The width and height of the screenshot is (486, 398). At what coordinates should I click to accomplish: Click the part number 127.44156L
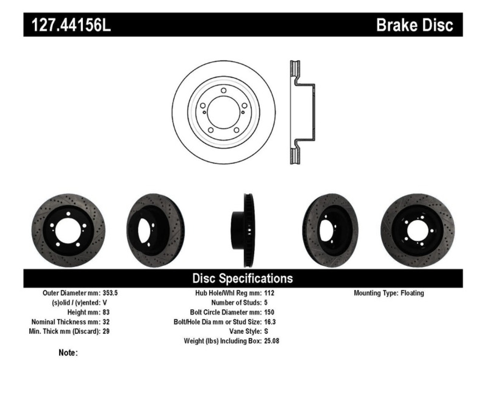pyautogui.click(x=71, y=25)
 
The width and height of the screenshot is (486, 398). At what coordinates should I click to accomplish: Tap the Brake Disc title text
pyautogui.click(x=414, y=25)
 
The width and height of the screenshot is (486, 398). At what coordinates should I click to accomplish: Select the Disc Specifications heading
pyautogui.click(x=243, y=278)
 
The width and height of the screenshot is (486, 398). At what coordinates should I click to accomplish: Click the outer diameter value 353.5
pyautogui.click(x=110, y=293)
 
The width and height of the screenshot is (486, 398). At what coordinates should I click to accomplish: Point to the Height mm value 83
pyautogui.click(x=106, y=312)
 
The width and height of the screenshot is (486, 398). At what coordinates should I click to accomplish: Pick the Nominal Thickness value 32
pyautogui.click(x=106, y=322)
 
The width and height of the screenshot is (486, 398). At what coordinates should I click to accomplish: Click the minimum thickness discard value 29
pyautogui.click(x=106, y=331)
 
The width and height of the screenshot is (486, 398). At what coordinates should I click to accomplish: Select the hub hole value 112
pyautogui.click(x=269, y=293)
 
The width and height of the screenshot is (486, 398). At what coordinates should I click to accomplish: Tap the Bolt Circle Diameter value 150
pyautogui.click(x=269, y=312)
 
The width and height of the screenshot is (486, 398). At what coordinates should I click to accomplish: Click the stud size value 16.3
pyautogui.click(x=270, y=322)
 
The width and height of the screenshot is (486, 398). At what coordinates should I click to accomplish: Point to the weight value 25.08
pyautogui.click(x=271, y=341)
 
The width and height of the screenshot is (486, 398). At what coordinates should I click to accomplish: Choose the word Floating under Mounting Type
pyautogui.click(x=412, y=293)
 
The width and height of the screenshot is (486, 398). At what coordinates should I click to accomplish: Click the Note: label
pyautogui.click(x=68, y=353)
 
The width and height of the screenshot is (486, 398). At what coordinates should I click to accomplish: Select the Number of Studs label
pyautogui.click(x=236, y=303)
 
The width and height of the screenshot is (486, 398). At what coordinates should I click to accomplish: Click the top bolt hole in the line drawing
pyautogui.click(x=223, y=90)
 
